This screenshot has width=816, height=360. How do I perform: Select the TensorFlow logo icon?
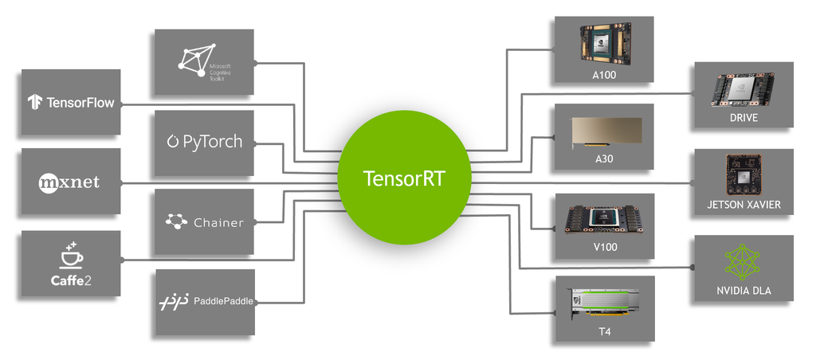[x=35, y=102]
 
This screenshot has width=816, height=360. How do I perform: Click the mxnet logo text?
[x=70, y=182]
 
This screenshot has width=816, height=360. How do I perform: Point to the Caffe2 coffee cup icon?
[x=71, y=256]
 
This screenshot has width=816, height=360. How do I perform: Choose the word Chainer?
[x=218, y=222]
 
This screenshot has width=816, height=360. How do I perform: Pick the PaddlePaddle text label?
[x=224, y=301]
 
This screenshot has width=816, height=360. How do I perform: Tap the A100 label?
[x=604, y=76]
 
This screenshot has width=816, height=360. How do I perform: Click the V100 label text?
[x=604, y=247]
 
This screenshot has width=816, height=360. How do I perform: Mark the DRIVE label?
[x=743, y=118]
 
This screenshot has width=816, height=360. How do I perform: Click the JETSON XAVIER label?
[x=743, y=205]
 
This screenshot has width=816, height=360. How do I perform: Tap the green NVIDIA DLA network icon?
[x=743, y=262]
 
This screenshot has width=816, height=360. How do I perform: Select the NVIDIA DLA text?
[x=743, y=291]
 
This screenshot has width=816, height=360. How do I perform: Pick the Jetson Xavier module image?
[x=743, y=174]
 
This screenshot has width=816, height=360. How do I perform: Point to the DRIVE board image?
[x=743, y=89]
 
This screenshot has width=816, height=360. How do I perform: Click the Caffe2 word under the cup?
[x=71, y=280]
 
